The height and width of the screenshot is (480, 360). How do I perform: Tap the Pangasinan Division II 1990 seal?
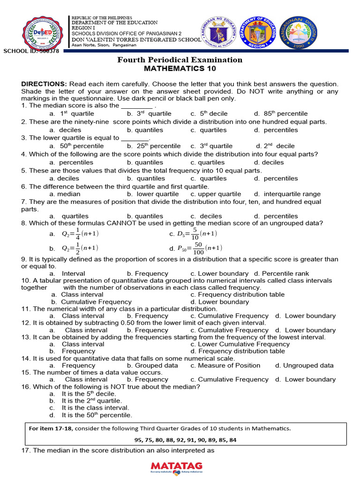[x=299, y=33]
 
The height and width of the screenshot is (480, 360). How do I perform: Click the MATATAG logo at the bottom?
[x=177, y=466]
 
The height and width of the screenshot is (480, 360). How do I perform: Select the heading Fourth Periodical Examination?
[x=180, y=60]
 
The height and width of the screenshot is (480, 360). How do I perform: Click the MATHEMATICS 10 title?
[x=180, y=68]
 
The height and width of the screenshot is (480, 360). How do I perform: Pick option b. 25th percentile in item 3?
[x=154, y=146]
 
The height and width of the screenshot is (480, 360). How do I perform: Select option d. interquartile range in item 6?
[x=287, y=194]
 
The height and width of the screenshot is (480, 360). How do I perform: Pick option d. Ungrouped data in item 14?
[x=304, y=365]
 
